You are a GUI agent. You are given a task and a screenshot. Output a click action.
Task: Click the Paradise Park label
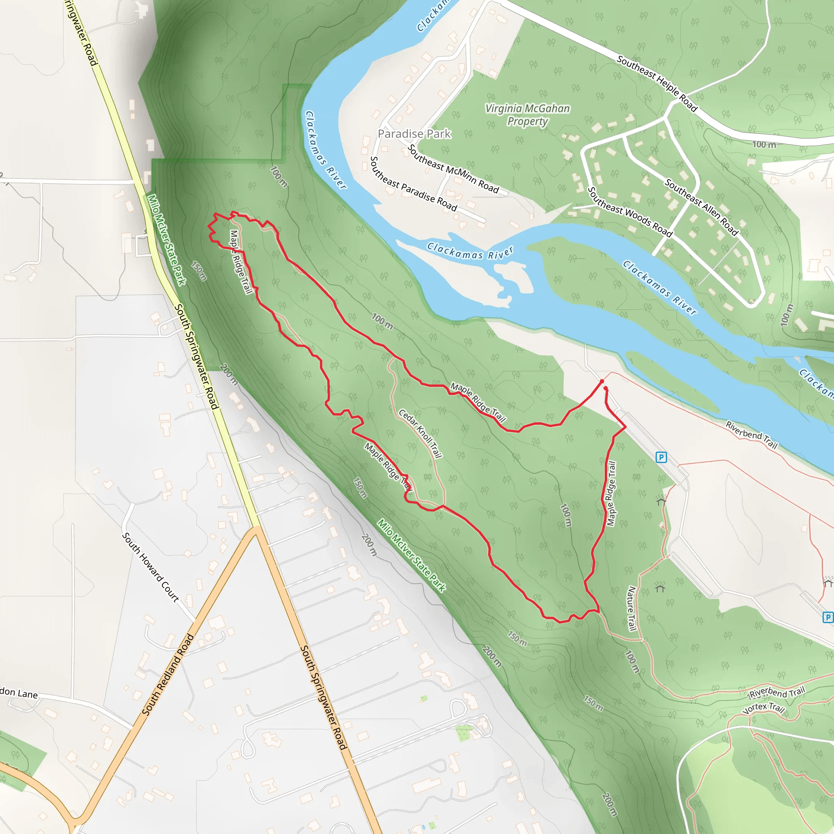pos(414,134)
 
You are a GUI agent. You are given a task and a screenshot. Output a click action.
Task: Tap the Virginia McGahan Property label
pos(527,115)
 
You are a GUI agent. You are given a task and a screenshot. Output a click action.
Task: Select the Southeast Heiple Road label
pos(656,83)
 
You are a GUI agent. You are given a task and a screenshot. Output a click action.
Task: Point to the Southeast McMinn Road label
pos(453,169)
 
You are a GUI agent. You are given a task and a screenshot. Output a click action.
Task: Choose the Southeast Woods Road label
pos(630,212)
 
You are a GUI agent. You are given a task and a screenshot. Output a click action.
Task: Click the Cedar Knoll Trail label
pos(420,433)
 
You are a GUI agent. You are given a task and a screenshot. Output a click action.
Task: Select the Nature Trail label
pos(632,608)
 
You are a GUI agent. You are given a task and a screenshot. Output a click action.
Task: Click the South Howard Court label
pos(150,567)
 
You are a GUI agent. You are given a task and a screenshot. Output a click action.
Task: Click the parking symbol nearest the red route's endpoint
pos(661,457)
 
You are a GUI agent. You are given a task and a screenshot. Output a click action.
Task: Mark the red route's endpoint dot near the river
pos(602,382)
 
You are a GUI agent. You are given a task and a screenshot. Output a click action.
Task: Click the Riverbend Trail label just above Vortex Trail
pos(777,692)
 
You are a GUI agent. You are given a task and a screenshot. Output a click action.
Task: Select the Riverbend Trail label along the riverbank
pos(751,436)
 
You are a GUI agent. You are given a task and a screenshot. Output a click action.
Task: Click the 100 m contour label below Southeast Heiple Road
pos(764,144)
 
